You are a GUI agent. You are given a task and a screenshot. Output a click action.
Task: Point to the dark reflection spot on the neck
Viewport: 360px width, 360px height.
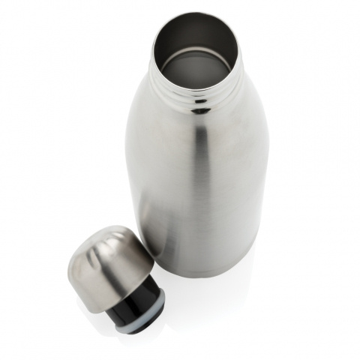[201, 110]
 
